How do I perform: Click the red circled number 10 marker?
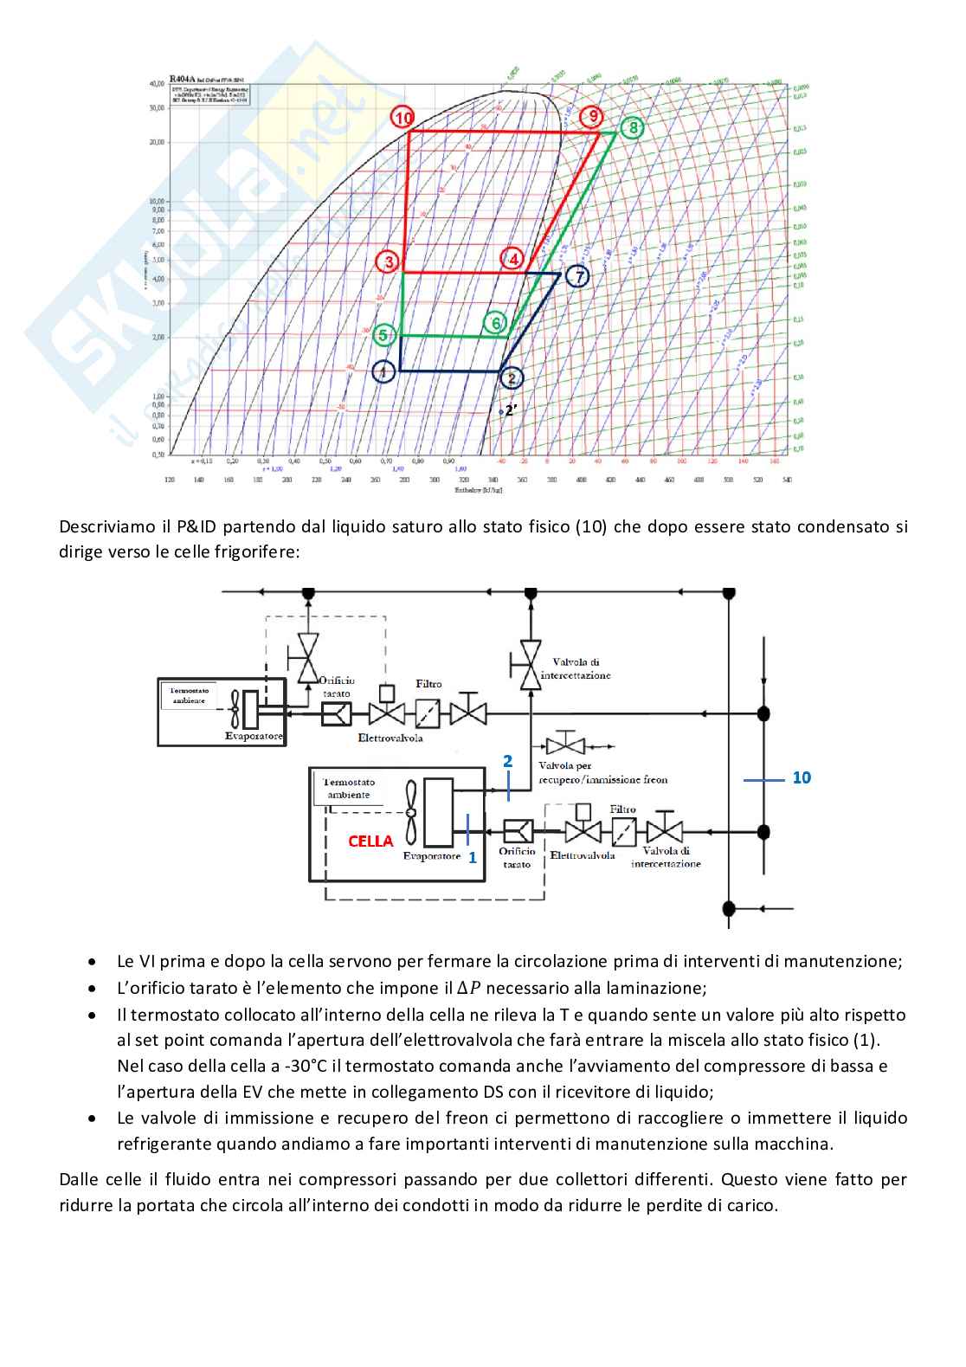pos(402,118)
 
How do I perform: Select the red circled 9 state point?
pos(593,117)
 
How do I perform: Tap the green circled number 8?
pos(634,128)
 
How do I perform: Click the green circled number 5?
pos(385,335)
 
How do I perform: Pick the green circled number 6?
pos(496,324)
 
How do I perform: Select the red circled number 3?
pos(389,261)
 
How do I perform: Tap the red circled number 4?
pos(513,259)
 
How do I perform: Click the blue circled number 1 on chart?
pos(383,372)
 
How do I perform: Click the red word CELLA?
pos(370,841)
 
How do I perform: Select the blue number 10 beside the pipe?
pos(802,777)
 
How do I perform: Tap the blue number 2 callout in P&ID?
pos(508,761)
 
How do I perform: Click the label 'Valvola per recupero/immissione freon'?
pos(602,772)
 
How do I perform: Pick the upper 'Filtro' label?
pos(428,684)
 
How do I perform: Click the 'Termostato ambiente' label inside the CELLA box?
pos(349,788)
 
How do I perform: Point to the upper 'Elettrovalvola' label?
pos(390,738)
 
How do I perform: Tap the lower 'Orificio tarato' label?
pos(517,857)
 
